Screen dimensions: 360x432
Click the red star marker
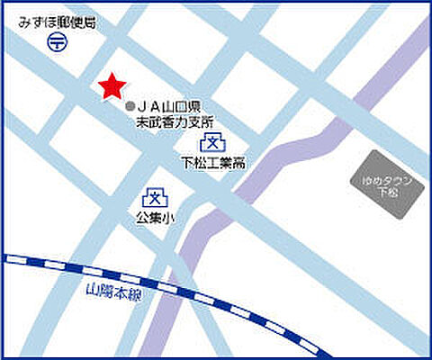click(x=111, y=85)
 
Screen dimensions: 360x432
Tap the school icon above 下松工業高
click(x=212, y=142)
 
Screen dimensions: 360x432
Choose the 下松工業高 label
click(x=214, y=164)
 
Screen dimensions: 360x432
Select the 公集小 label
click(x=155, y=218)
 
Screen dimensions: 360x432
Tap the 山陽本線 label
click(x=115, y=292)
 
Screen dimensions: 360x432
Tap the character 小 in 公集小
click(x=168, y=218)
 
